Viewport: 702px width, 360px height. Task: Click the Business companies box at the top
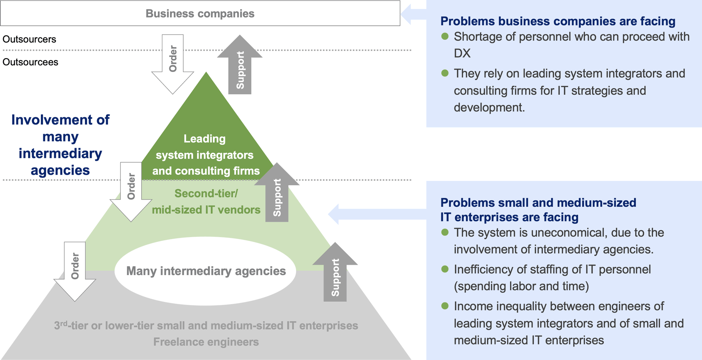200,14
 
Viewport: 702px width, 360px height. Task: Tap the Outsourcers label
29,39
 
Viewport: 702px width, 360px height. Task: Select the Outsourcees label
30,62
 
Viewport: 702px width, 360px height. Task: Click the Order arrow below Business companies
173,62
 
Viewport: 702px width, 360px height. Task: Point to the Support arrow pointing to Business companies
239,66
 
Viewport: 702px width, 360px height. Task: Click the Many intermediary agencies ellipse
206,271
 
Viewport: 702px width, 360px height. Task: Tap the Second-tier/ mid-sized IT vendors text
206,202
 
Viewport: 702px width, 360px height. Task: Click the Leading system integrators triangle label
206,155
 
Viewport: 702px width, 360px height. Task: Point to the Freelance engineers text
206,342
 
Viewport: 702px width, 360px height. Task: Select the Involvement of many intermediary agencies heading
60,145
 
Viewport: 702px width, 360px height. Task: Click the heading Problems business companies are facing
558,21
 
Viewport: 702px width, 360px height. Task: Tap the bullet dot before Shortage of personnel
445,37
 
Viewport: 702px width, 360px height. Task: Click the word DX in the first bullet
462,53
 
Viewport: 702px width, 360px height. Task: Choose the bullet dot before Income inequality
445,306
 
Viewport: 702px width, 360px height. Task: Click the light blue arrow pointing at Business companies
413,14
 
